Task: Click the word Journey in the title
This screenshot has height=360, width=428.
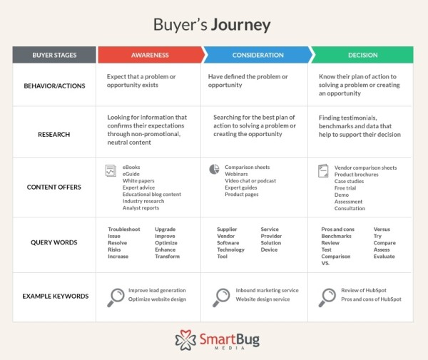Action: click(x=240, y=24)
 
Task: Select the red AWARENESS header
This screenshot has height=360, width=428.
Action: click(x=149, y=55)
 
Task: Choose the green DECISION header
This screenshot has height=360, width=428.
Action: click(x=362, y=55)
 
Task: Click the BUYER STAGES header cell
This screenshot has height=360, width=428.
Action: click(x=54, y=55)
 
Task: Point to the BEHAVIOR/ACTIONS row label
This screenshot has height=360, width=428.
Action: click(x=54, y=85)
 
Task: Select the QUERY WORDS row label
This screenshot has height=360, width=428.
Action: click(x=54, y=242)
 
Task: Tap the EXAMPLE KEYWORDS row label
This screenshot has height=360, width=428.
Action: click(x=54, y=294)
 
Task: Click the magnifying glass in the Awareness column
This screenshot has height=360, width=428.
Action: click(x=115, y=297)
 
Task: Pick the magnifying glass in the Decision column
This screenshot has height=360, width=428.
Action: click(x=327, y=297)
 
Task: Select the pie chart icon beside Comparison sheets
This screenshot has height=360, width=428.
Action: click(x=214, y=169)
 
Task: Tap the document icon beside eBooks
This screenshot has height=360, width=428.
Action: click(x=111, y=170)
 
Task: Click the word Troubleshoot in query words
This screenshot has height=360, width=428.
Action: click(x=124, y=230)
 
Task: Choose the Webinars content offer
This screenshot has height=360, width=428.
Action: click(x=237, y=174)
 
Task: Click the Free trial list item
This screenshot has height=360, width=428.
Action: click(x=347, y=187)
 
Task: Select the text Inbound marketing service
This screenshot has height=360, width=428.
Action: click(x=267, y=290)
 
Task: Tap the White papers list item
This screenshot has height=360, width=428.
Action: click(x=139, y=181)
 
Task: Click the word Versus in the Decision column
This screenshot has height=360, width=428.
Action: click(x=382, y=230)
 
